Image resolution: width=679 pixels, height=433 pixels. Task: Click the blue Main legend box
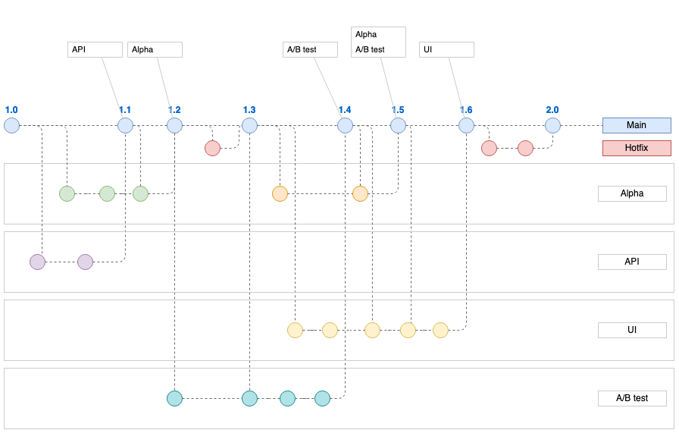pos(637,125)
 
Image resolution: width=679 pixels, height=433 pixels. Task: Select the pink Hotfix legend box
pos(637,149)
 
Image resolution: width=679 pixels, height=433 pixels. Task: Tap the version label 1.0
pos(11,110)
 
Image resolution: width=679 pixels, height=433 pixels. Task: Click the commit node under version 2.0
pos(552,126)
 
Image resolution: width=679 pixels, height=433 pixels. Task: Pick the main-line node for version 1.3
pos(249,126)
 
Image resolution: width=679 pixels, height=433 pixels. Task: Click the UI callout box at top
pos(446,49)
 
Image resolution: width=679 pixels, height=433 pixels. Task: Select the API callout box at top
pos(95,49)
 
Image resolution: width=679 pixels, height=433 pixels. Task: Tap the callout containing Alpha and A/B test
pos(378,42)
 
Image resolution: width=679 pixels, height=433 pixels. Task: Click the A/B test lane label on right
pos(632,398)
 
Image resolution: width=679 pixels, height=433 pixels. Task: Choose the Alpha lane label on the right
pos(632,193)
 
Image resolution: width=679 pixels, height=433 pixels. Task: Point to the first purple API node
pos(37,262)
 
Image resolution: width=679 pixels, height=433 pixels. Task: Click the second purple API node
pos(85,262)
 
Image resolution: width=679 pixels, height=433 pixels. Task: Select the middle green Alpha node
pos(107,193)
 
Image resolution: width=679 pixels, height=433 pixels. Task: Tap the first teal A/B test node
pos(175,398)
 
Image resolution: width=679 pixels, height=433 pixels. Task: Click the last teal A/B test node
pos(322,398)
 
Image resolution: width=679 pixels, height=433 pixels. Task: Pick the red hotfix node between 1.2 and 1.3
pos(212,148)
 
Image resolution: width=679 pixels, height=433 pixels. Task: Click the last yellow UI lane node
pos(440,330)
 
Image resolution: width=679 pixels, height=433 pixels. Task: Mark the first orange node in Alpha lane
pos(280,193)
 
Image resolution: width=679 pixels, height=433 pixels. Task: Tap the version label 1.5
pos(398,110)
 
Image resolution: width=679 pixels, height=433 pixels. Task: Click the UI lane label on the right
pos(632,330)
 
